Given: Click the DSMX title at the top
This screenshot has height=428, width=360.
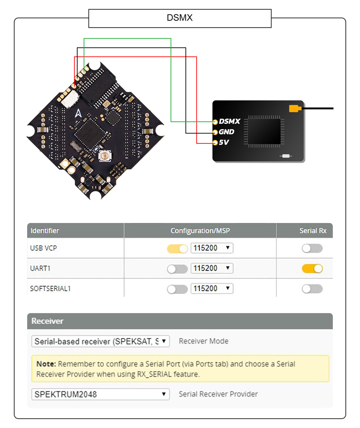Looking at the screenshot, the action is point(180,18).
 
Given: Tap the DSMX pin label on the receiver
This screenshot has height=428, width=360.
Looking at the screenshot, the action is point(229,121).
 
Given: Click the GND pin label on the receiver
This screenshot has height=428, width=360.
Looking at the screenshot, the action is point(226,132).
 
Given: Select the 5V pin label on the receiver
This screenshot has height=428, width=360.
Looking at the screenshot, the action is point(223,142).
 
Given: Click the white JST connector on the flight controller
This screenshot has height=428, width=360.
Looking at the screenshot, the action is point(70,99).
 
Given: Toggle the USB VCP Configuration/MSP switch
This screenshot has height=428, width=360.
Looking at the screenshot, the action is point(177,248).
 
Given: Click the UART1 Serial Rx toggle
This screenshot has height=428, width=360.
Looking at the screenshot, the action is point(312,269).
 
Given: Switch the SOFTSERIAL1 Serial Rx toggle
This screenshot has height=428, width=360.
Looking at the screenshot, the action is point(312,289).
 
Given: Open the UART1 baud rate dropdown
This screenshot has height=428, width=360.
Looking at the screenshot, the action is point(212,268).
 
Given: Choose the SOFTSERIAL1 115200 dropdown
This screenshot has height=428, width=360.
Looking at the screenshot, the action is point(212,288).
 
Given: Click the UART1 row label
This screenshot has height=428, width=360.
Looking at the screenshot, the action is point(40,268).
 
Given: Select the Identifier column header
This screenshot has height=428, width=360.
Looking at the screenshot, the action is point(45,231).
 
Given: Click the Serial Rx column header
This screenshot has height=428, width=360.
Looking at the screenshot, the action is point(313,231).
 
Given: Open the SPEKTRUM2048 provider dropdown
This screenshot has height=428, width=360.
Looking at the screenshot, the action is point(100,394).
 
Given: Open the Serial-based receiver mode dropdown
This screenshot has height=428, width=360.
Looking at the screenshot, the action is point(100,341).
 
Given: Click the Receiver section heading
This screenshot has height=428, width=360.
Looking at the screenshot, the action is point(48,321).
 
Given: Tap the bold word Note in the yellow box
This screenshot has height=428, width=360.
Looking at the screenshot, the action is point(46,364).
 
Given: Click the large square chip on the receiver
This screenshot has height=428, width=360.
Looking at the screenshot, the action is point(264,131).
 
